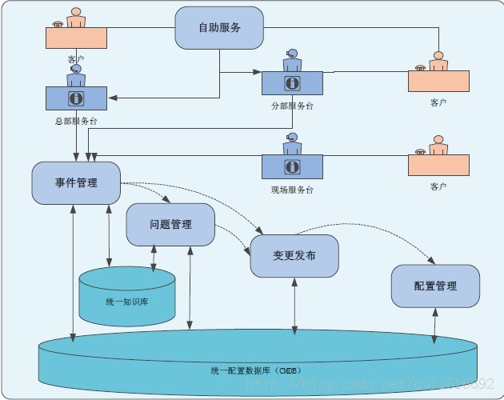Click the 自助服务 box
pyautogui.click(x=219, y=27)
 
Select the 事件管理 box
pyautogui.click(x=76, y=182)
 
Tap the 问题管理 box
pyautogui.click(x=170, y=224)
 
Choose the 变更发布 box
pyautogui.click(x=294, y=256)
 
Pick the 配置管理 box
pyautogui.click(x=435, y=286)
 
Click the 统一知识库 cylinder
pyautogui.click(x=127, y=302)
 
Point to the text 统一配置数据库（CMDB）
pyautogui.click(x=254, y=370)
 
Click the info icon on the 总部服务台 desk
pyautogui.click(x=77, y=98)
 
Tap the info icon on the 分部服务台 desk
pyautogui.click(x=292, y=82)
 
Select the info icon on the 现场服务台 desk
pyautogui.click(x=292, y=166)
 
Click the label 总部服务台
pyautogui.click(x=76, y=121)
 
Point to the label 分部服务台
pyautogui.click(x=292, y=105)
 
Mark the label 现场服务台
pyautogui.click(x=292, y=190)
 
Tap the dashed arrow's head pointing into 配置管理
pyautogui.click(x=433, y=261)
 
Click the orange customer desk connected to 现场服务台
pyautogui.click(x=438, y=165)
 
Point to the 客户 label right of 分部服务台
pyautogui.click(x=438, y=102)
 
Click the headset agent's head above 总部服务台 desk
pyautogui.click(x=76, y=70)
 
